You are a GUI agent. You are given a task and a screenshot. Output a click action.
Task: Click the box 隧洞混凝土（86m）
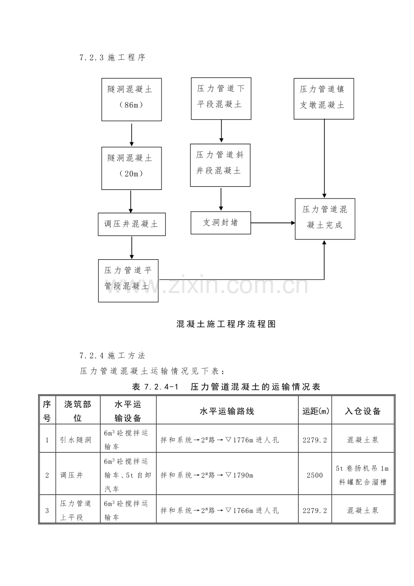coord(131,99)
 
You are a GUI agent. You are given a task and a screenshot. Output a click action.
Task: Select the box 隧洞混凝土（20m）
coord(131,168)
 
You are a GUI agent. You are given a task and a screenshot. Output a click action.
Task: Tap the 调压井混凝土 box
coord(131,224)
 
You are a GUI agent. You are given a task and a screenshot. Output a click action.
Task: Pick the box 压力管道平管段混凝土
coord(128,280)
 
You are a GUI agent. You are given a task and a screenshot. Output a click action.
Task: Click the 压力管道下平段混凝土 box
coord(221,99)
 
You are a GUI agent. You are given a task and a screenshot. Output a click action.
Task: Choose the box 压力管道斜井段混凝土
coord(220,165)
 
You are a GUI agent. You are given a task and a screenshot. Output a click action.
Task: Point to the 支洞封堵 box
coord(220,223)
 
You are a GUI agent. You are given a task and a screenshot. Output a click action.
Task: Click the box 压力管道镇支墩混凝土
coord(324,99)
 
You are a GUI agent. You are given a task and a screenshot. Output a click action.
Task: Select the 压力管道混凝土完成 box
coord(325,219)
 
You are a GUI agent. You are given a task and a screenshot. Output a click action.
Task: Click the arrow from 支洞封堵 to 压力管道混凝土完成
coord(273,223)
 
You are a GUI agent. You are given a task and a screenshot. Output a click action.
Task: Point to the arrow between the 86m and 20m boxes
coord(131,134)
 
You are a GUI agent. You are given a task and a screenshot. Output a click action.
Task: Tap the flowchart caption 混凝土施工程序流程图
coord(226,324)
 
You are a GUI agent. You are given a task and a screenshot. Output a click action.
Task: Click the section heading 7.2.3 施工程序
coord(112,58)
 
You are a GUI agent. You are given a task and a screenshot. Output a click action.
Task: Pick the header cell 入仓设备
coord(363,410)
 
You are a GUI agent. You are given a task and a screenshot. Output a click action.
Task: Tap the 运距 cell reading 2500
coord(315,475)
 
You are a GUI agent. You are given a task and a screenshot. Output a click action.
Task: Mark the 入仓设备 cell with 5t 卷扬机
coord(363,475)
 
